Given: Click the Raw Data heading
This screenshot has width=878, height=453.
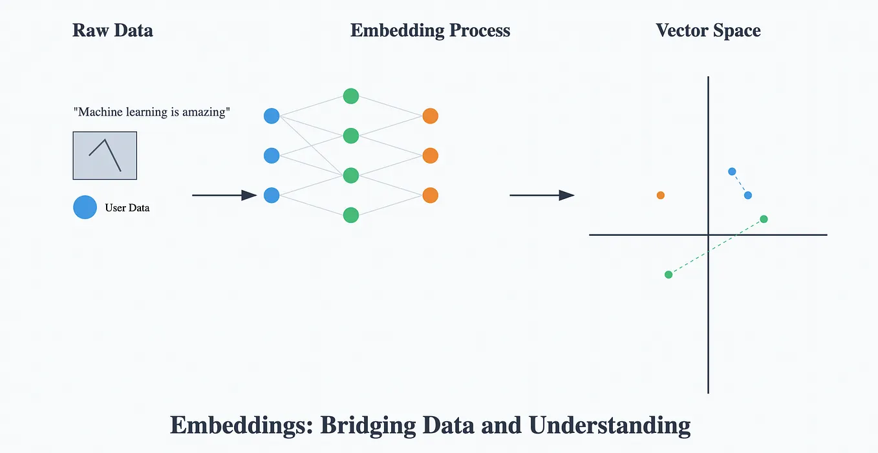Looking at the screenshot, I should [x=112, y=30].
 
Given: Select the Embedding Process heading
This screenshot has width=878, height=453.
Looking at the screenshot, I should [x=430, y=30].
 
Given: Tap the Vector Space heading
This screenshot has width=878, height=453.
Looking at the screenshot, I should [x=708, y=30].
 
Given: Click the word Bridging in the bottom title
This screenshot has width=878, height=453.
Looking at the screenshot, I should [x=367, y=426].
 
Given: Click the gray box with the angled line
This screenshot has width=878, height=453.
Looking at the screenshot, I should [x=105, y=156].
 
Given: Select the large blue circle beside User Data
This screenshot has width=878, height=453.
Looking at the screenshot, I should [x=85, y=207].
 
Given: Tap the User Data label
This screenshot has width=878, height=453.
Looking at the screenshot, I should [x=127, y=208].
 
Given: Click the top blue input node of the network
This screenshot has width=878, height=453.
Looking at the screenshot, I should [x=272, y=116].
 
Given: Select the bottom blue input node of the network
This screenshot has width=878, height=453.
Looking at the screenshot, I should [x=272, y=195].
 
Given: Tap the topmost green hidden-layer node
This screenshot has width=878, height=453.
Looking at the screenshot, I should [x=350, y=96].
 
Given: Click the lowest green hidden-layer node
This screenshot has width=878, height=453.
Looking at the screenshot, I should [x=350, y=215].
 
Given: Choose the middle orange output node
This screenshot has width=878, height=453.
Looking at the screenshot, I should [x=430, y=156].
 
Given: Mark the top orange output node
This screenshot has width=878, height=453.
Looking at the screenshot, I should [x=430, y=116].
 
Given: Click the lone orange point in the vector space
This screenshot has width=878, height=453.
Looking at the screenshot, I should [x=660, y=195].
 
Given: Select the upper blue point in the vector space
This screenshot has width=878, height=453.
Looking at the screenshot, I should [x=732, y=171].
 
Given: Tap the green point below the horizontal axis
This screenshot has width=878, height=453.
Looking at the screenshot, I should [x=669, y=275].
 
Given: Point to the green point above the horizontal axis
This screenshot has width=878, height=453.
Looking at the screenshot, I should [x=764, y=219].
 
